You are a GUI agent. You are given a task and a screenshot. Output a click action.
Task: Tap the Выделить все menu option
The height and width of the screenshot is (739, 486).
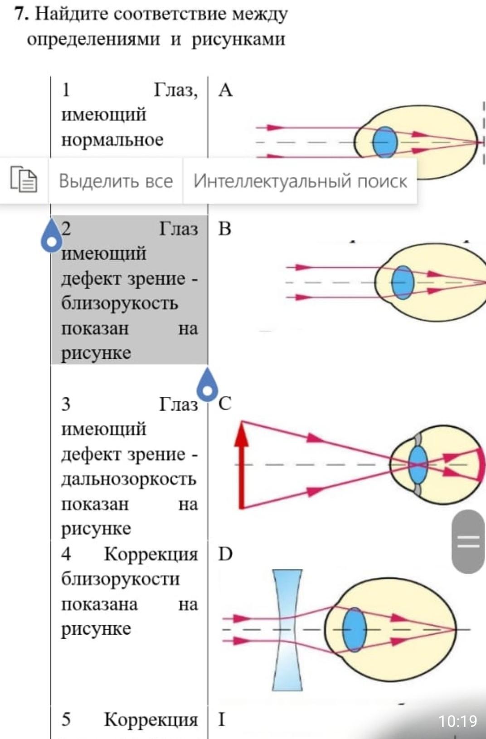116,181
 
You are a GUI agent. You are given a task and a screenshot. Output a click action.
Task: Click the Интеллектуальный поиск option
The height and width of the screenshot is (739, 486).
300,181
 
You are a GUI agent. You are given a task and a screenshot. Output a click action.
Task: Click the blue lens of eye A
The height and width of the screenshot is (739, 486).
385,142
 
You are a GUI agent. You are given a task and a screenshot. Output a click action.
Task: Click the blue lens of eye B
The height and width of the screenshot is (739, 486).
403,283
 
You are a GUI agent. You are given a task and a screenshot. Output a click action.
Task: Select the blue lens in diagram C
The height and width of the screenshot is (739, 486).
418,465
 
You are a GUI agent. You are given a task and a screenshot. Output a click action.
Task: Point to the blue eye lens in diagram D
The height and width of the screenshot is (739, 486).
355,630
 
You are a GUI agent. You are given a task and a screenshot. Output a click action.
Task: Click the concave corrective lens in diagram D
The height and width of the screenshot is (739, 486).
287,630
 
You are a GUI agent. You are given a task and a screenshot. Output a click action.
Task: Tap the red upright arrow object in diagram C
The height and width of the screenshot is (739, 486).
242,465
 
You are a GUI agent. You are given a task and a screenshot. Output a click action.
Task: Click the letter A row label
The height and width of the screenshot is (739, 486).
225,90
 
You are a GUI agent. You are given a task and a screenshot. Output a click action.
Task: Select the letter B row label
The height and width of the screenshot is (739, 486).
224,229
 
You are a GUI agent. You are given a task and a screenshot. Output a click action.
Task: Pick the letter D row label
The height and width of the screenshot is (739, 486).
225,554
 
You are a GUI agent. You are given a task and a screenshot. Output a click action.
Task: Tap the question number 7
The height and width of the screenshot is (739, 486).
21,14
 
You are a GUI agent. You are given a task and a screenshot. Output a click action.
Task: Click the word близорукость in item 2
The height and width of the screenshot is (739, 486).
120,303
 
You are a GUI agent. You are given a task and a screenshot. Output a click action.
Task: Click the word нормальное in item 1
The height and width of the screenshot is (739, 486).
112,140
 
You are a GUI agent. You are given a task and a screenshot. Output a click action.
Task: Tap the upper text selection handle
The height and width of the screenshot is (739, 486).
52,235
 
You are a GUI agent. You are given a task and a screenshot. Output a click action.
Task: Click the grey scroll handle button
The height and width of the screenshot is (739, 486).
468,542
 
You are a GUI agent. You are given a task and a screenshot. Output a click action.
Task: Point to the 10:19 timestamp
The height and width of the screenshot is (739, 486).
458,721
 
